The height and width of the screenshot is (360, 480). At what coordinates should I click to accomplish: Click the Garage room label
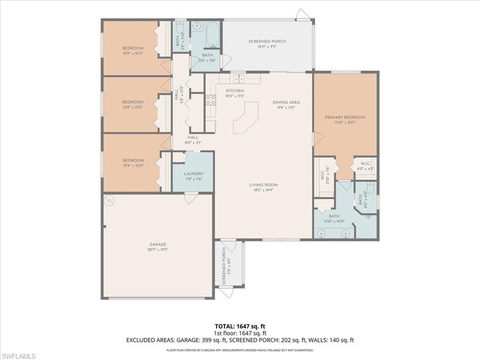[x=158, y=244]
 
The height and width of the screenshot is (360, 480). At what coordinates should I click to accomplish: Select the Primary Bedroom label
[x=345, y=117]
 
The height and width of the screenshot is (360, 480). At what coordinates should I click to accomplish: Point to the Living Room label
[x=263, y=185]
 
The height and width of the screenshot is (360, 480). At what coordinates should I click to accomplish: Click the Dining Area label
[x=286, y=102]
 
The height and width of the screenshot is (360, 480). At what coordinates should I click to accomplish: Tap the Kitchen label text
[x=235, y=90]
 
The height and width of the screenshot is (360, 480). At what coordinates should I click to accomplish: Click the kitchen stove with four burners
[x=211, y=100]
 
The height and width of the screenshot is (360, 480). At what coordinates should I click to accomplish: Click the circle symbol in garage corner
[x=109, y=201]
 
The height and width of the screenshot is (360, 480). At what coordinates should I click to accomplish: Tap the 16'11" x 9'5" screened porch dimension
[x=267, y=47]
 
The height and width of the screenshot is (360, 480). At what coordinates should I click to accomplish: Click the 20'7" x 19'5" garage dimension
[x=158, y=250]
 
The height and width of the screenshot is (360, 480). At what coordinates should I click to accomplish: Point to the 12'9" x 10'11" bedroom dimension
[x=133, y=165]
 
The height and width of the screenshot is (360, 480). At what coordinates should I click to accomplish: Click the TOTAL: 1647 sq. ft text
[x=240, y=326]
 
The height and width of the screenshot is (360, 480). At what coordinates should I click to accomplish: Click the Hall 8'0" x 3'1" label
[x=193, y=140]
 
